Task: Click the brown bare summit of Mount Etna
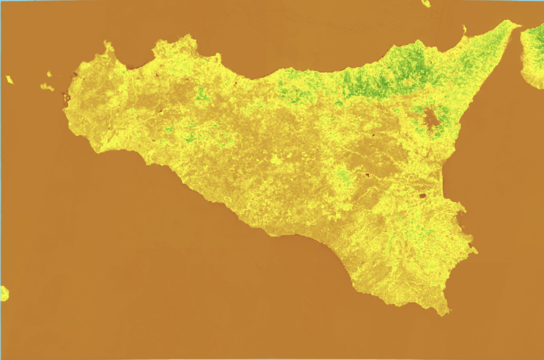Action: [x=432, y=119]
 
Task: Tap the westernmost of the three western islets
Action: [x=9, y=80]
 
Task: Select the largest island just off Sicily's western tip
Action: [x=47, y=87]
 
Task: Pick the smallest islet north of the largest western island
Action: [x=49, y=73]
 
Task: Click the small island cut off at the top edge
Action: [x=426, y=3]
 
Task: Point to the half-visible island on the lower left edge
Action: [x=4, y=293]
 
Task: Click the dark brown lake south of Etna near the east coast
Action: [x=423, y=195]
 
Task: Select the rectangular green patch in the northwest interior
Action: [x=203, y=95]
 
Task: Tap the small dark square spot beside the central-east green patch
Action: [x=368, y=175]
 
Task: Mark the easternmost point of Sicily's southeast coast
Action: [x=476, y=250]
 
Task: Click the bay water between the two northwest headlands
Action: [x=133, y=55]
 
